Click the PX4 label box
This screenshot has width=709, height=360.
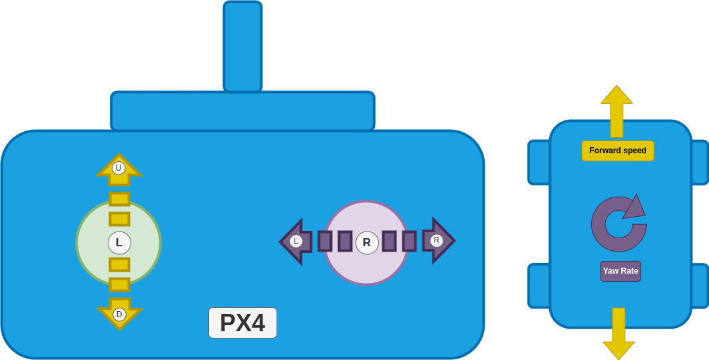[x=242, y=323]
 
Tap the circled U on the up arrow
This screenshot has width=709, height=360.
[x=119, y=168]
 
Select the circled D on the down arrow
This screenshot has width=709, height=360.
[x=119, y=314]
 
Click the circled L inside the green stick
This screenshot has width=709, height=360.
[x=119, y=243]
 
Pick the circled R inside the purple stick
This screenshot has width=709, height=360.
[x=367, y=243]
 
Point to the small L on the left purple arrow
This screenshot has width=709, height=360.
[x=296, y=241]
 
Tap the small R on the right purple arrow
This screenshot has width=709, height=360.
[x=437, y=240]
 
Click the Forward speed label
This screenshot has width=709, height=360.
[x=617, y=151]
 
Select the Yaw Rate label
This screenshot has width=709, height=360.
[x=621, y=271]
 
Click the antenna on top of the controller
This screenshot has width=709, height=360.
[x=242, y=46]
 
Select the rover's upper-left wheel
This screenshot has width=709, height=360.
[x=538, y=162]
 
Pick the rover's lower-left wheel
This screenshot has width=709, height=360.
[x=538, y=286]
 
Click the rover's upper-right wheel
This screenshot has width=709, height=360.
[x=700, y=162]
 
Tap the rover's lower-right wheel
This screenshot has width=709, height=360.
[x=700, y=286]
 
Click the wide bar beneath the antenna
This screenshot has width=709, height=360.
[x=242, y=111]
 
